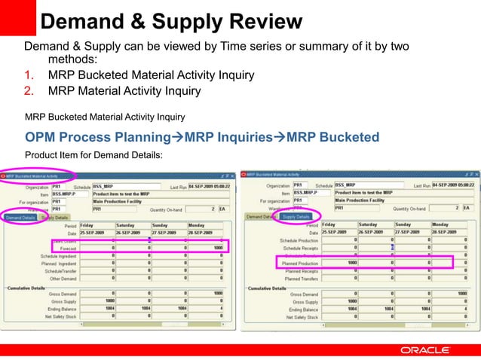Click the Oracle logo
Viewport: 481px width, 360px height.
coord(424,350)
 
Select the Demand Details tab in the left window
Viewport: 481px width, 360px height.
coord(20,217)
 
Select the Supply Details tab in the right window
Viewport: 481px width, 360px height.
coord(296,217)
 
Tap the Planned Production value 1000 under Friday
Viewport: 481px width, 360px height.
coord(339,264)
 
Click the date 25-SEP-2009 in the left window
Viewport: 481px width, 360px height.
coord(96,232)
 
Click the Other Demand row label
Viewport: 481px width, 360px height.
coord(60,279)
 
